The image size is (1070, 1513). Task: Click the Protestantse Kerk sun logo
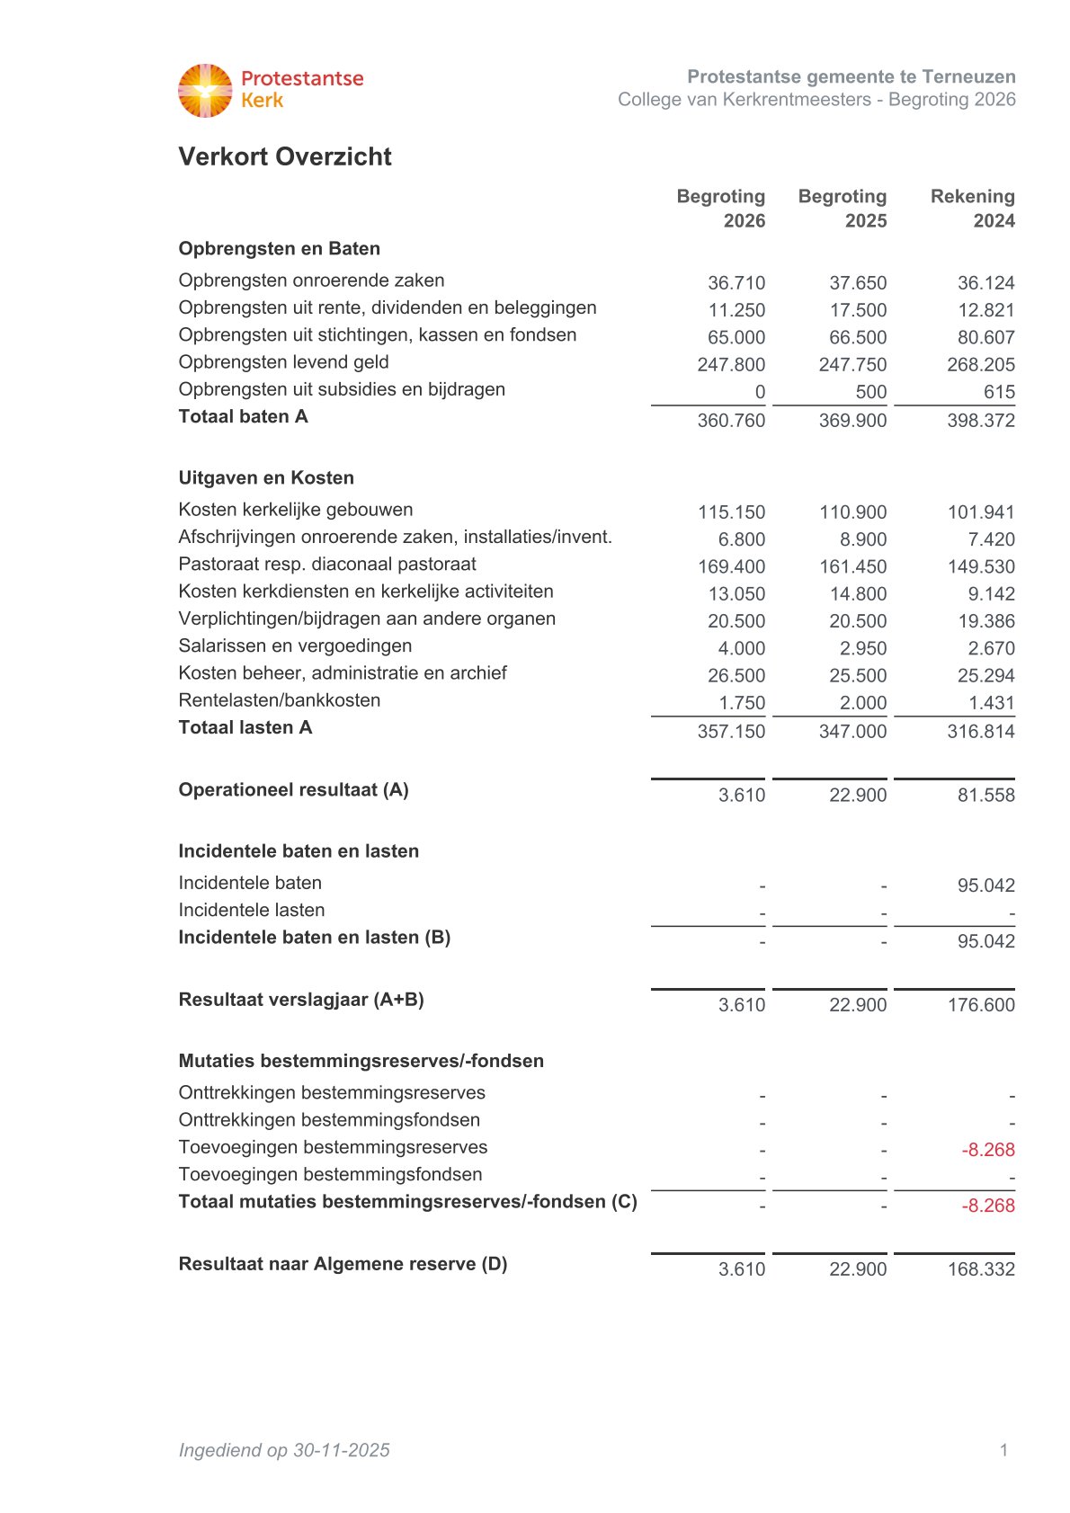coord(205,90)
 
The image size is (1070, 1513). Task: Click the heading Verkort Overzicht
coord(285,156)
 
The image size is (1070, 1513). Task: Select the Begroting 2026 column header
coord(721,208)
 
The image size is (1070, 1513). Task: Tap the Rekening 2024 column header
coord(973,208)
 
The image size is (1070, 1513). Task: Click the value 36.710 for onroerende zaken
coord(736,283)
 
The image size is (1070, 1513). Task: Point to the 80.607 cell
coord(985,338)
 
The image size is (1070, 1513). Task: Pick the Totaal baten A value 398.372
coord(980,421)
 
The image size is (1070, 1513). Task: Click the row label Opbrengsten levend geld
coord(283,362)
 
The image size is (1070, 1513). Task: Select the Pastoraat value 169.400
coord(731,567)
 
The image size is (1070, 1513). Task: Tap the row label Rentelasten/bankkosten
coord(279,700)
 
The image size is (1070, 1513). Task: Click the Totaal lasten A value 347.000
coord(852,732)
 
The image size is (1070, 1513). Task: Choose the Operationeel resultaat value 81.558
coord(985,796)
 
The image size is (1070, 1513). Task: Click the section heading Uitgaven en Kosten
coord(266,478)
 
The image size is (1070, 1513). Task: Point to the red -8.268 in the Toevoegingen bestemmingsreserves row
coord(987,1150)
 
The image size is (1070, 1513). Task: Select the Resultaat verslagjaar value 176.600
coord(980,1005)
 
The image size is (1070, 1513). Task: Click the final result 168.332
coord(980,1269)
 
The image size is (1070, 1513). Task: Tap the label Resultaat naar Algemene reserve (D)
coord(343,1264)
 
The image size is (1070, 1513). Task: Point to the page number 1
coord(1003,1449)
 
